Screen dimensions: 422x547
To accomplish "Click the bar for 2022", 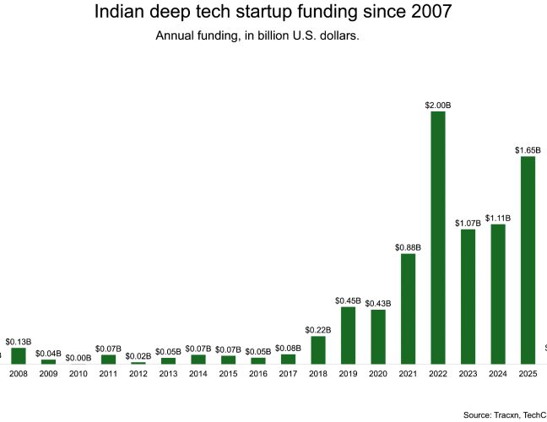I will [x=438, y=237].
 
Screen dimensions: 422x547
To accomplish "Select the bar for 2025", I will [x=528, y=260].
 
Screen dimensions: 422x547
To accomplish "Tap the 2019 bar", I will [x=348, y=335].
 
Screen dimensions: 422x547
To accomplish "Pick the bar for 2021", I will [x=408, y=308].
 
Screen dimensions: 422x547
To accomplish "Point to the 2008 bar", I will [x=19, y=355].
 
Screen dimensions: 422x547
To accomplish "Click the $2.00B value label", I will [x=438, y=105].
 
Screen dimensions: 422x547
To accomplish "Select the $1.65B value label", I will [x=528, y=150].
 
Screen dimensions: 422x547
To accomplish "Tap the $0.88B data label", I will [x=408, y=247].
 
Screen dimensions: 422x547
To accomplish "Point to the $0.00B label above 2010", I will [x=79, y=358].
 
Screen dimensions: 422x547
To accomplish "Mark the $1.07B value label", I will [x=468, y=223].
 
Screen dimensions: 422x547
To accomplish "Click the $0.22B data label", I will [x=318, y=330].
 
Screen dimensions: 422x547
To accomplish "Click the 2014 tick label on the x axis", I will [x=198, y=374].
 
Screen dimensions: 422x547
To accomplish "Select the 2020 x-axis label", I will [x=378, y=374].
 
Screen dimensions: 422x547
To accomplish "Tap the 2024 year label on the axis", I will [x=498, y=374].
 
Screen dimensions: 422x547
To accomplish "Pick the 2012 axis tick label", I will [x=138, y=374].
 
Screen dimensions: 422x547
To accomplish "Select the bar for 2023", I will [x=468, y=296].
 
